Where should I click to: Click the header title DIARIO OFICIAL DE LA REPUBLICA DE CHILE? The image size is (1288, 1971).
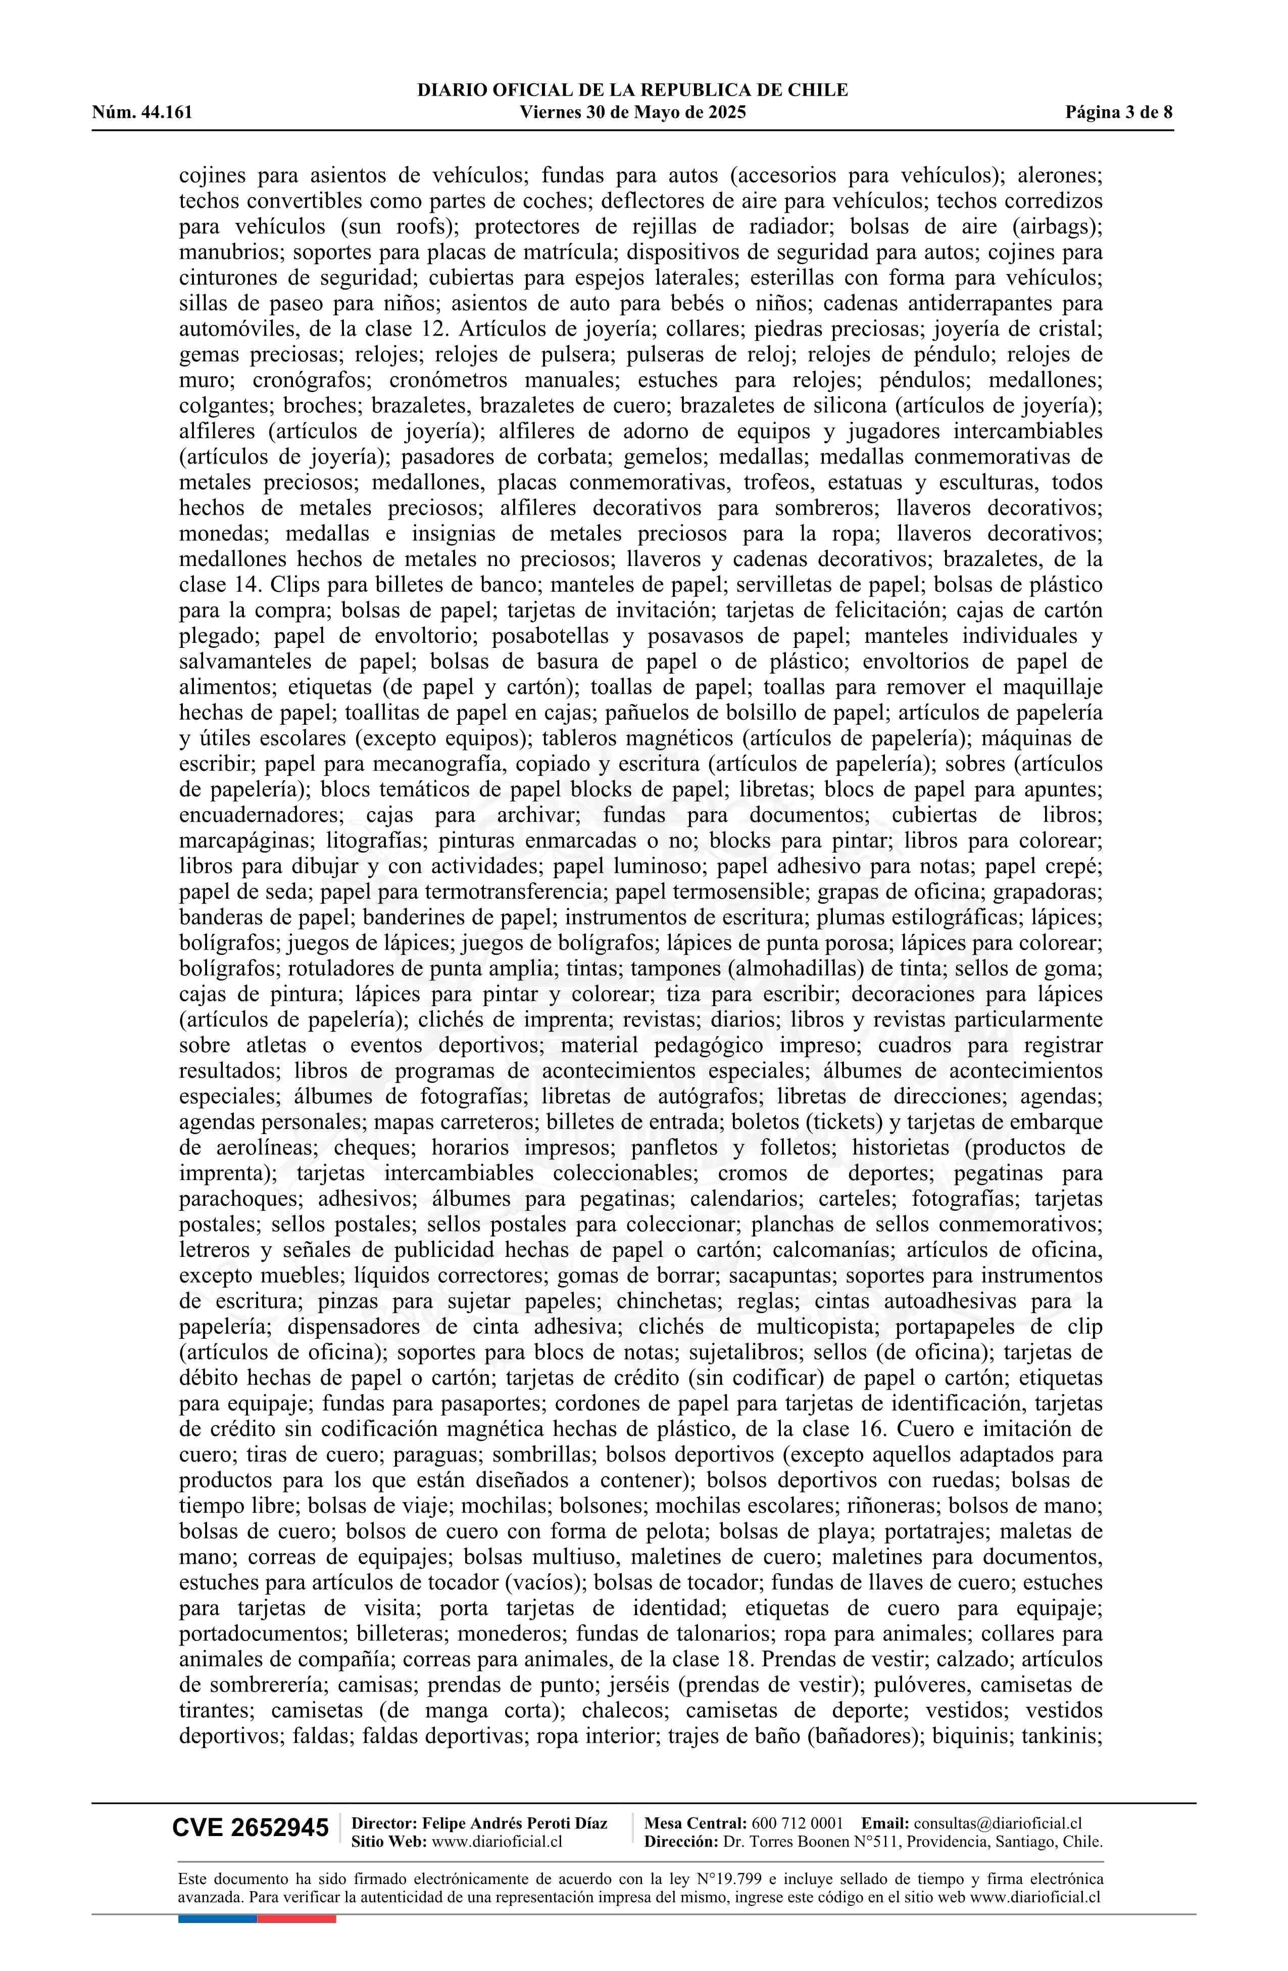(632, 90)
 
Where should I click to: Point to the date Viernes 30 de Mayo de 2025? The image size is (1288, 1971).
(632, 113)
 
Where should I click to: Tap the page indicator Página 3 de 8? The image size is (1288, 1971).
(1118, 113)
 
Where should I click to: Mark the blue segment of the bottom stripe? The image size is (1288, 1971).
(217, 1918)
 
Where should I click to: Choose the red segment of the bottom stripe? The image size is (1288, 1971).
(296, 1918)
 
